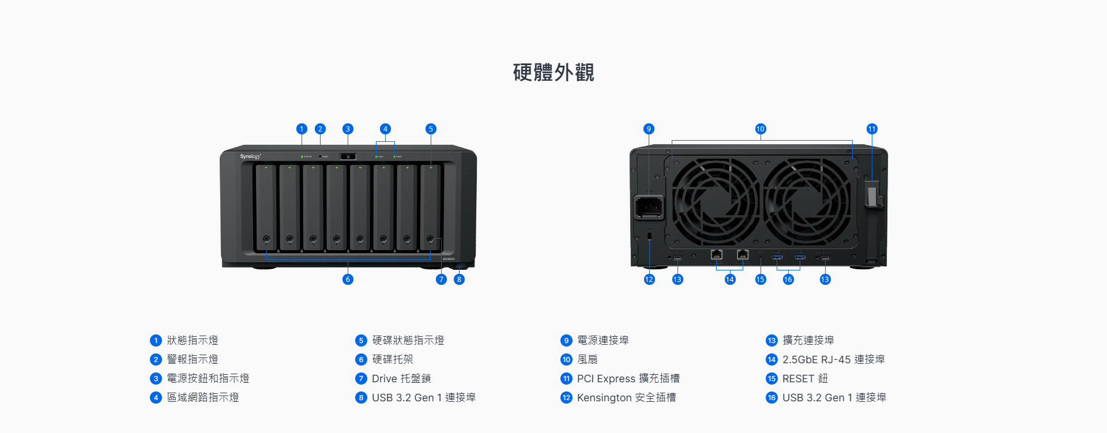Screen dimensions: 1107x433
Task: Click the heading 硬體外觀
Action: tap(553, 73)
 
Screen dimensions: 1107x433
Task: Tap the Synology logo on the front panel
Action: tap(250, 156)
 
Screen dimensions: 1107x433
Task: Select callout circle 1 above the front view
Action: tap(302, 129)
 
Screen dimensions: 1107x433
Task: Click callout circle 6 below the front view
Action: tap(348, 280)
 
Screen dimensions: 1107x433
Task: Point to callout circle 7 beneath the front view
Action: tap(442, 280)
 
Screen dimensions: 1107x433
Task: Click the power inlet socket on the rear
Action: tap(649, 207)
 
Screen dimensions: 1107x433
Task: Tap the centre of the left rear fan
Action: tap(715, 202)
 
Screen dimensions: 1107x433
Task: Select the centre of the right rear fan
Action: tap(806, 202)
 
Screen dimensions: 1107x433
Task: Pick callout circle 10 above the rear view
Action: tap(760, 129)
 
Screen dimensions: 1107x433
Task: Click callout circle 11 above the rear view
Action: tap(872, 129)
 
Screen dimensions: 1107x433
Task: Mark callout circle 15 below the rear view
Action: tap(760, 280)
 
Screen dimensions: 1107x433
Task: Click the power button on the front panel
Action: tap(348, 156)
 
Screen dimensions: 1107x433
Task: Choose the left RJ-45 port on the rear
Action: tap(717, 254)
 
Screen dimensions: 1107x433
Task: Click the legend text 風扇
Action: tap(588, 360)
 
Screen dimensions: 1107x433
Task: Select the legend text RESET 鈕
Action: tap(805, 379)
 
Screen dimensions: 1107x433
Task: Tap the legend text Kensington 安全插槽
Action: tap(626, 398)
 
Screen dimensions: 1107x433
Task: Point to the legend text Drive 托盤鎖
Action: tap(401, 379)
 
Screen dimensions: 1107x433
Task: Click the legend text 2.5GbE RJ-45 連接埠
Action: tap(833, 360)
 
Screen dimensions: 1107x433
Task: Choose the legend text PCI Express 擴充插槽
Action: tap(628, 379)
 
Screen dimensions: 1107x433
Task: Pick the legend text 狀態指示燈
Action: tap(193, 341)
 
